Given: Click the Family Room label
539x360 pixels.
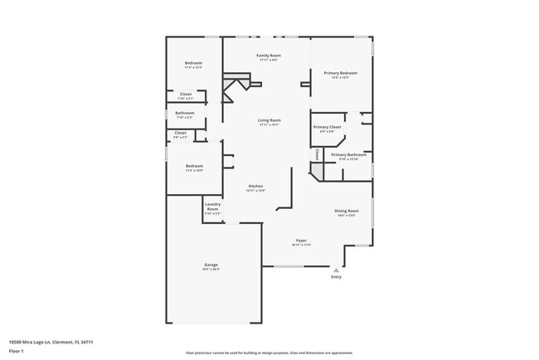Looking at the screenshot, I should [x=267, y=55].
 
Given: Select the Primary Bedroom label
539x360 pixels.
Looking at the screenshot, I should [x=340, y=73].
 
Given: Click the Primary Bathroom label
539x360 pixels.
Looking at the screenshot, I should [x=349, y=154].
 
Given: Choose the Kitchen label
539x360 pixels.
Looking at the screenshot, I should [x=255, y=186].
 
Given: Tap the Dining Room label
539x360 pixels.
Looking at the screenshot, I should [x=346, y=211].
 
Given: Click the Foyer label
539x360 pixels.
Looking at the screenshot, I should [x=301, y=241].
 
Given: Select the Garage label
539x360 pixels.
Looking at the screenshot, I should [x=211, y=265].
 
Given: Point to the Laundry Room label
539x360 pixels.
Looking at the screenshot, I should [x=212, y=207].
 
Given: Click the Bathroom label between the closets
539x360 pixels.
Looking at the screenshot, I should [x=185, y=113].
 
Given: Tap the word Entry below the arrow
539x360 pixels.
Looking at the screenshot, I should [x=336, y=277].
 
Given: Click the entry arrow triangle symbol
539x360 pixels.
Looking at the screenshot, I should [x=336, y=270].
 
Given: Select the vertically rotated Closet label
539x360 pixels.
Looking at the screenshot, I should [x=317, y=154].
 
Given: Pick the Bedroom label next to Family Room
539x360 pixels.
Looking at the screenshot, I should [x=193, y=63].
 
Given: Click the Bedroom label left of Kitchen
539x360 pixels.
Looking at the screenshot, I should [x=193, y=166].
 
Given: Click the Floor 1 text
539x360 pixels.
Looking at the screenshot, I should [x=16, y=351].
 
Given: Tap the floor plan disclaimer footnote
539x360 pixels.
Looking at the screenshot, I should [x=269, y=352].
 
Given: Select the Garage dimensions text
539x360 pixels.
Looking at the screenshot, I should [x=211, y=270].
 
